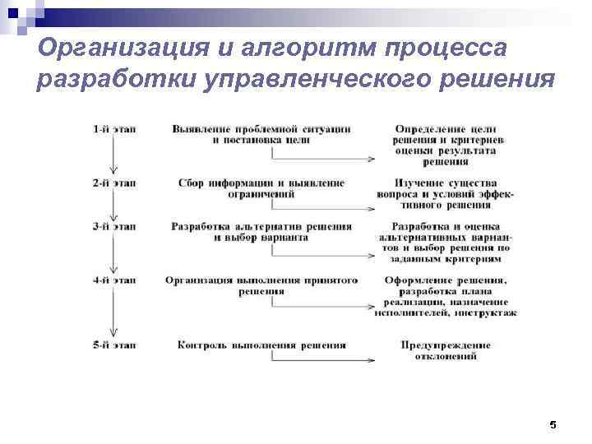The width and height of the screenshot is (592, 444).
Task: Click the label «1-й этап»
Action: [113, 129]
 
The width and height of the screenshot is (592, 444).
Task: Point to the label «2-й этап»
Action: [113, 183]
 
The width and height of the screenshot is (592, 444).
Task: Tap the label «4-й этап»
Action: [113, 280]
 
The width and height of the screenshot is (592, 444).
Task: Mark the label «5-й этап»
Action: [113, 345]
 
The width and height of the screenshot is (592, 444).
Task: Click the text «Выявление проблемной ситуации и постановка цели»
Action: [261, 135]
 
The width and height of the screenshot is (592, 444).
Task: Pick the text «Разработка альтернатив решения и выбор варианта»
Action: [261, 232]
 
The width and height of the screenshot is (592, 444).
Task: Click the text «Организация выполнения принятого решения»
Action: [261, 285]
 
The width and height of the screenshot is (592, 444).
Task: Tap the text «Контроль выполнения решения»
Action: [261, 345]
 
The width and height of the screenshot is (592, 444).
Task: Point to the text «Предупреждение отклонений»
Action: [446, 350]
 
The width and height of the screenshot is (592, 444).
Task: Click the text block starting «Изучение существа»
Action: [446, 193]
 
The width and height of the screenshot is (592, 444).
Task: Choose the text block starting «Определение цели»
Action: [446, 146]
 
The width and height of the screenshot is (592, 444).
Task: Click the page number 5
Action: [553, 425]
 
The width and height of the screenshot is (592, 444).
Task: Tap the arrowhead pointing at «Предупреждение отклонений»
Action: [372, 359]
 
